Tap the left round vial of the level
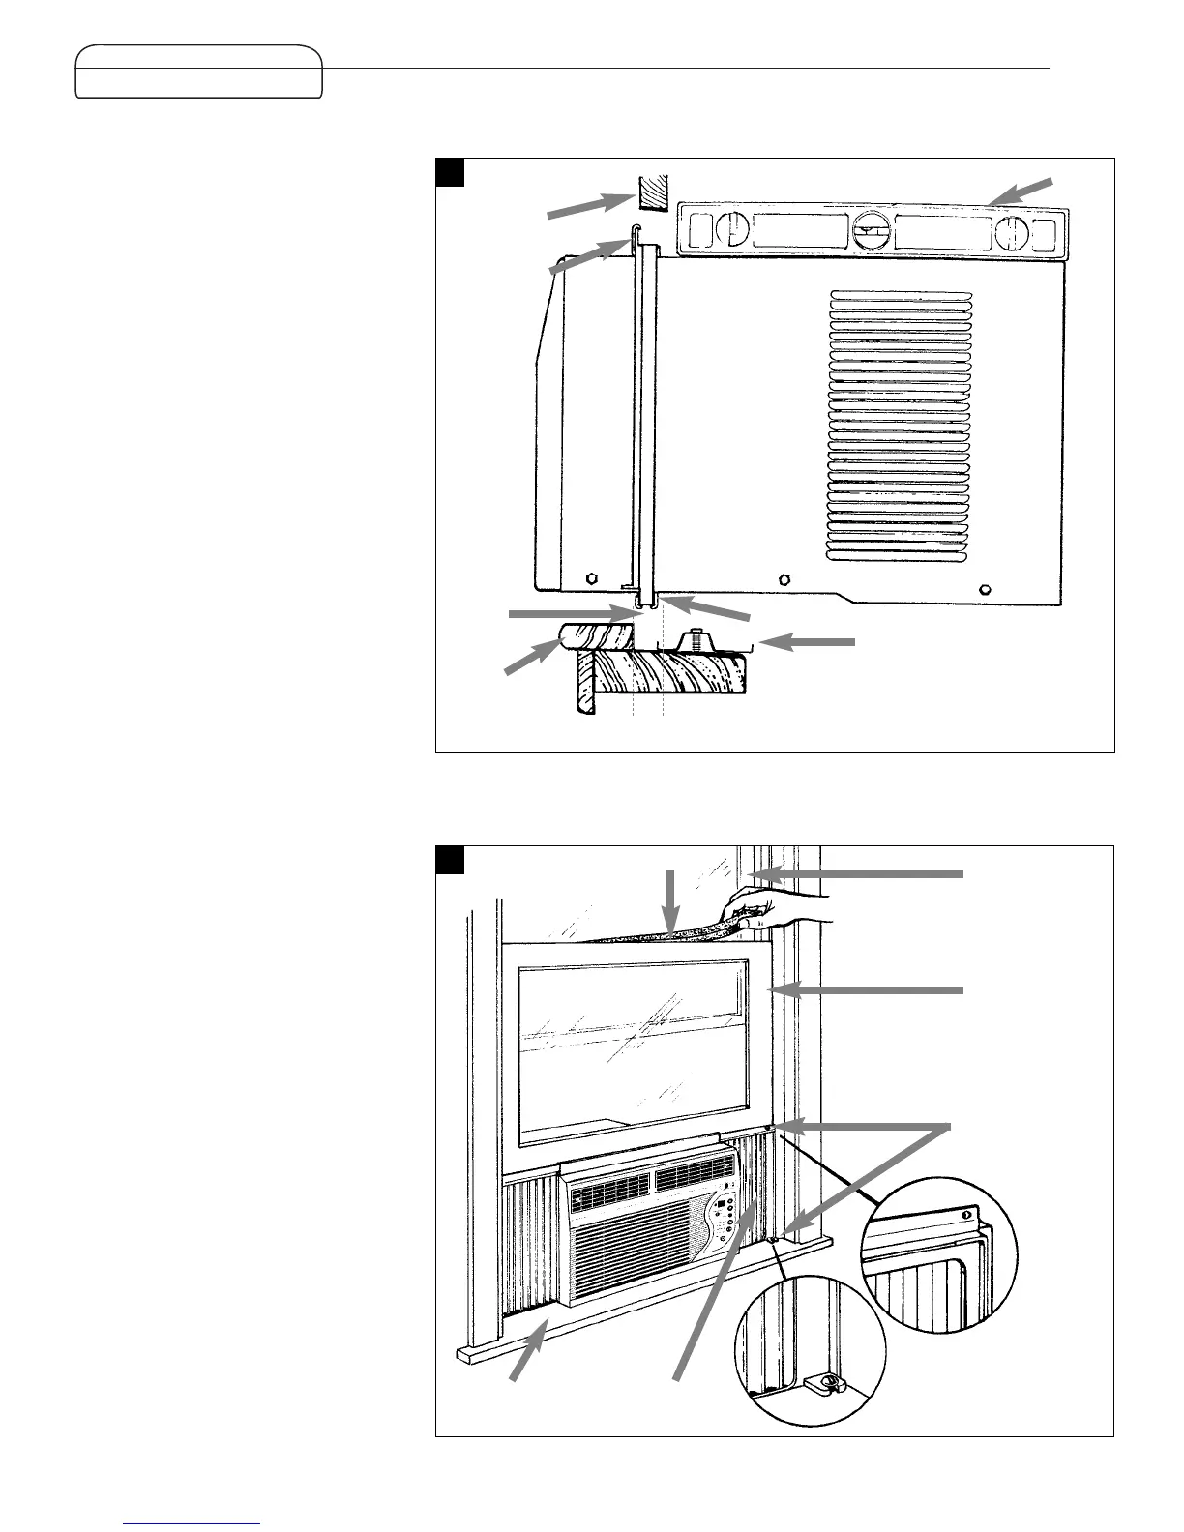click(x=733, y=232)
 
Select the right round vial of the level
click(x=1011, y=233)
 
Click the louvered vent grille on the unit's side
click(x=901, y=426)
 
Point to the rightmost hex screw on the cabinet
click(x=984, y=589)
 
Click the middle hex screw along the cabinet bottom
click(x=784, y=580)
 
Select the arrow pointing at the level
click(x=1025, y=191)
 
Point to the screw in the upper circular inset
click(x=964, y=1214)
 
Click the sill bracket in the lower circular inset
click(x=823, y=1384)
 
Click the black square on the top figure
click(x=451, y=172)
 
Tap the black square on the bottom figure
click(x=451, y=860)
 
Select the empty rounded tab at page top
click(x=199, y=71)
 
